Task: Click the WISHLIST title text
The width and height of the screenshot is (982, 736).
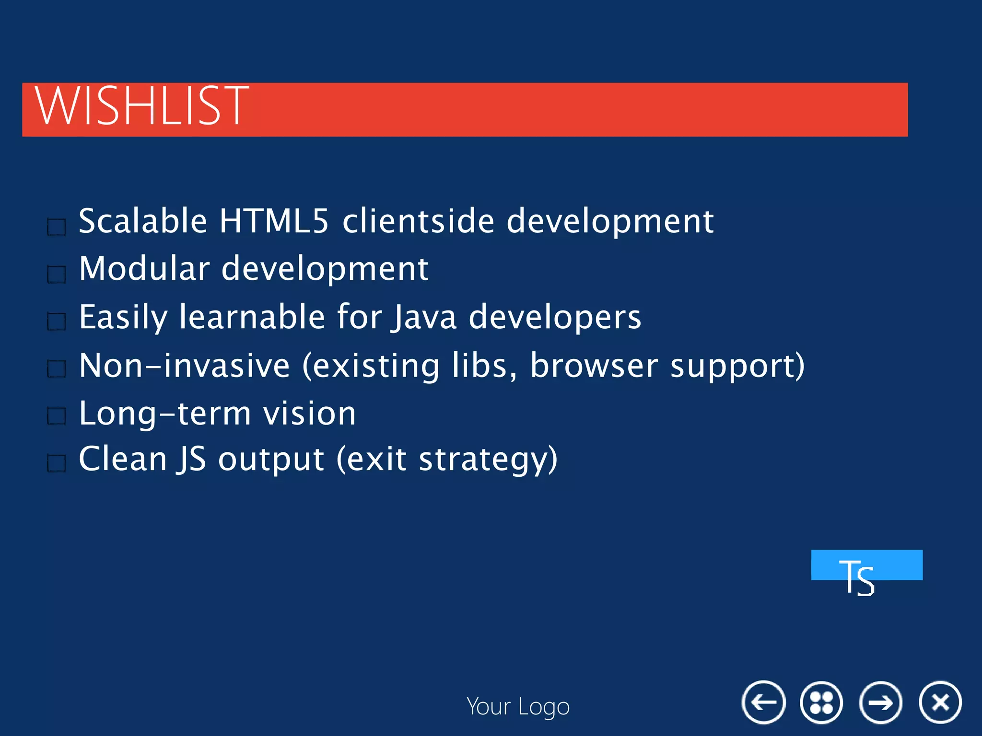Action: pos(142,106)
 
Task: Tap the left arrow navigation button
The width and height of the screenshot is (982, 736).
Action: pos(763,702)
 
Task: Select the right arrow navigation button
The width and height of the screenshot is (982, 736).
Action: pos(881,702)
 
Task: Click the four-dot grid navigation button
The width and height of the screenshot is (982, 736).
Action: pos(821,702)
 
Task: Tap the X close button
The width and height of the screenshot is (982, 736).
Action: pos(940,702)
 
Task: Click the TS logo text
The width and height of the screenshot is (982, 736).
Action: pos(857,577)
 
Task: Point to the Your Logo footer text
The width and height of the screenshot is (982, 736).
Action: pos(518,707)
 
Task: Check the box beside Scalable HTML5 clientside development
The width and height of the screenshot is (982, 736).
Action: pos(57,227)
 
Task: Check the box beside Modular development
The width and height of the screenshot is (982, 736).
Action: pos(57,274)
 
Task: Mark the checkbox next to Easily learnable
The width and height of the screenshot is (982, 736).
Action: pos(57,322)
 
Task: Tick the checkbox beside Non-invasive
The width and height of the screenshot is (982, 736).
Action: pos(57,369)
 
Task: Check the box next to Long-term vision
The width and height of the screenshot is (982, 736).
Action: pos(57,416)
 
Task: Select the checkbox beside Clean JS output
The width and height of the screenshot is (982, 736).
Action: pos(57,463)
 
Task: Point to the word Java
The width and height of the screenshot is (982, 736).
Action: pos(424,317)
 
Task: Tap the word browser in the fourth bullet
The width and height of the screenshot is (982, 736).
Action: pos(594,366)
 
